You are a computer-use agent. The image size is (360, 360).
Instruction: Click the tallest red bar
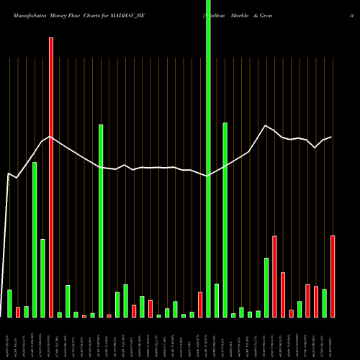click(x=51, y=177)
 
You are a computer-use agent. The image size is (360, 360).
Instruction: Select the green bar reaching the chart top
click(x=208, y=158)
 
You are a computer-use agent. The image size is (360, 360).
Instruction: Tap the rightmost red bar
click(x=333, y=276)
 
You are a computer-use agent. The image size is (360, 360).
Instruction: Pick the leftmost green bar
click(x=9, y=303)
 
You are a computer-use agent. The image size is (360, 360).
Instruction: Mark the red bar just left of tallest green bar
click(x=200, y=305)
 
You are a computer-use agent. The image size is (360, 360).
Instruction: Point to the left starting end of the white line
click(x=8, y=174)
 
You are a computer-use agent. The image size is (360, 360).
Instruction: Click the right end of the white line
click(x=331, y=137)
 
